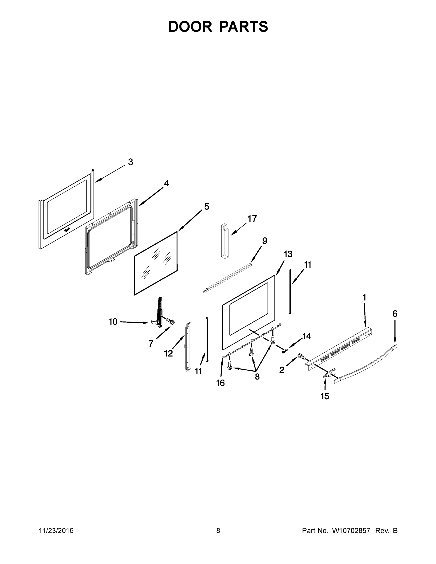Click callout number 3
tap(130, 162)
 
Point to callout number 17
tap(252, 219)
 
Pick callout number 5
tap(207, 207)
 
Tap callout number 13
tap(288, 254)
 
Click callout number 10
tap(113, 321)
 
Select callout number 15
tap(325, 396)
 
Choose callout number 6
tap(395, 314)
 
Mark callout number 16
tap(220, 383)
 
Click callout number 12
tap(169, 353)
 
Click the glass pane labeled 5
tap(156, 263)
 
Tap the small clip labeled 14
tap(285, 351)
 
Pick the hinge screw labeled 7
tap(170, 322)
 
